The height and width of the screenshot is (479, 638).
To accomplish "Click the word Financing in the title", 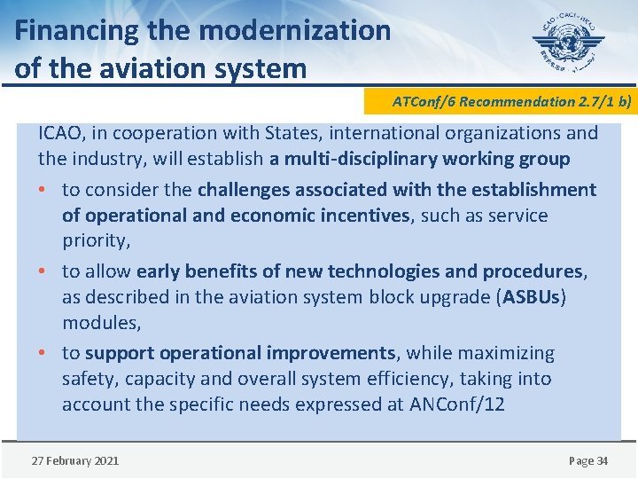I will pos(77,31).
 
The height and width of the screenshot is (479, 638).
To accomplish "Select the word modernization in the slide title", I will pos(295,31).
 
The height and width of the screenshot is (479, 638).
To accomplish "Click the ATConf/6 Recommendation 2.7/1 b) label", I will pos(512,101).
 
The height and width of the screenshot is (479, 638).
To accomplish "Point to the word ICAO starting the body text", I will pos(59,133).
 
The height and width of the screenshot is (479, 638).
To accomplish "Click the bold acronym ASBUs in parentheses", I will pos(531,297).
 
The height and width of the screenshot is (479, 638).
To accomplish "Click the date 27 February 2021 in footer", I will pos(74,460).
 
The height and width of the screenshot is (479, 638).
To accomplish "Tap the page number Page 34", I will pos(587,460).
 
